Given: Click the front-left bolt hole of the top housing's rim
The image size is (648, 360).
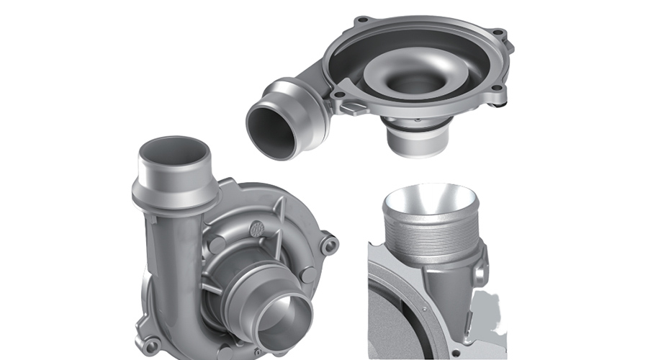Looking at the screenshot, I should click(x=338, y=94).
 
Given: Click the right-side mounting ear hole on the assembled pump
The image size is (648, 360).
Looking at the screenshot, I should click(x=330, y=246).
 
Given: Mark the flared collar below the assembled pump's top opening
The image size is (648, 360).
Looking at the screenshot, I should click(x=175, y=190).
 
